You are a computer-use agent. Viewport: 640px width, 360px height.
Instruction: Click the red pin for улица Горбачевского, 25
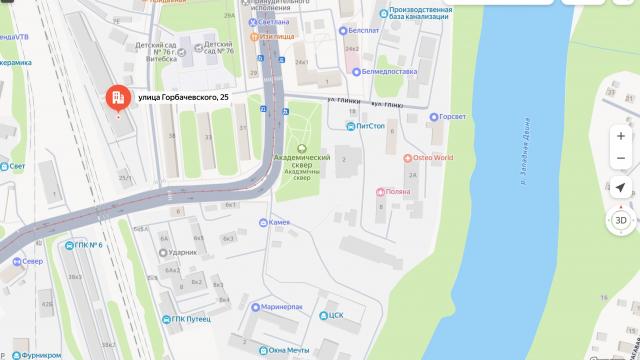pyautogui.click(x=117, y=97)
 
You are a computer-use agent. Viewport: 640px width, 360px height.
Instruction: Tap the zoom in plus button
pyautogui.click(x=620, y=135)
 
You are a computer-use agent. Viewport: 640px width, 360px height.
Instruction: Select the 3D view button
pyautogui.click(x=620, y=220)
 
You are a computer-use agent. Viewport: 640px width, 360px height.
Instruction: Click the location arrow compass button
pyautogui.click(x=620, y=187)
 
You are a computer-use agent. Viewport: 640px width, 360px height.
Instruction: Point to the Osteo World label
pyautogui.click(x=433, y=158)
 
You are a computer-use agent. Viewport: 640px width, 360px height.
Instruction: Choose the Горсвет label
pyautogui.click(x=452, y=117)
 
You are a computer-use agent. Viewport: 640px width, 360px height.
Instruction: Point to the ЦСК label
pyautogui.click(x=336, y=315)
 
